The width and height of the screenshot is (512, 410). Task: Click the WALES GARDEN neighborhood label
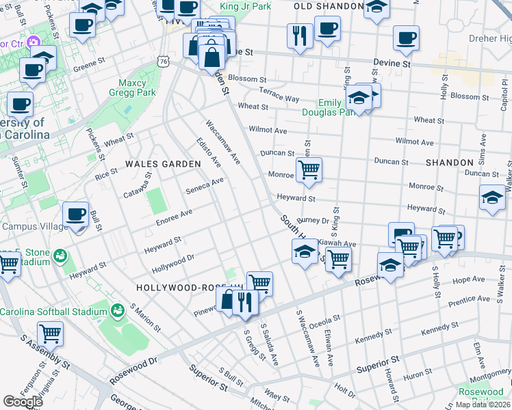point(163,164)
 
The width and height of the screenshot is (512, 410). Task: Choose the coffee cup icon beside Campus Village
point(75,214)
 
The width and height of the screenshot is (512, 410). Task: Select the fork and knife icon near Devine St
point(299,36)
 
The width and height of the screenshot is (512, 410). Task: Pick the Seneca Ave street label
point(205,185)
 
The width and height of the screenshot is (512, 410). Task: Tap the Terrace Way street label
point(279,95)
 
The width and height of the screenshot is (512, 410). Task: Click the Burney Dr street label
point(313,220)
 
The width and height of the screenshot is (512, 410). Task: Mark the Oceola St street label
point(325,320)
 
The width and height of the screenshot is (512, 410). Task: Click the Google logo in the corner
point(23,402)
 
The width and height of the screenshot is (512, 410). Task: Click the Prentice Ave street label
point(469,299)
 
